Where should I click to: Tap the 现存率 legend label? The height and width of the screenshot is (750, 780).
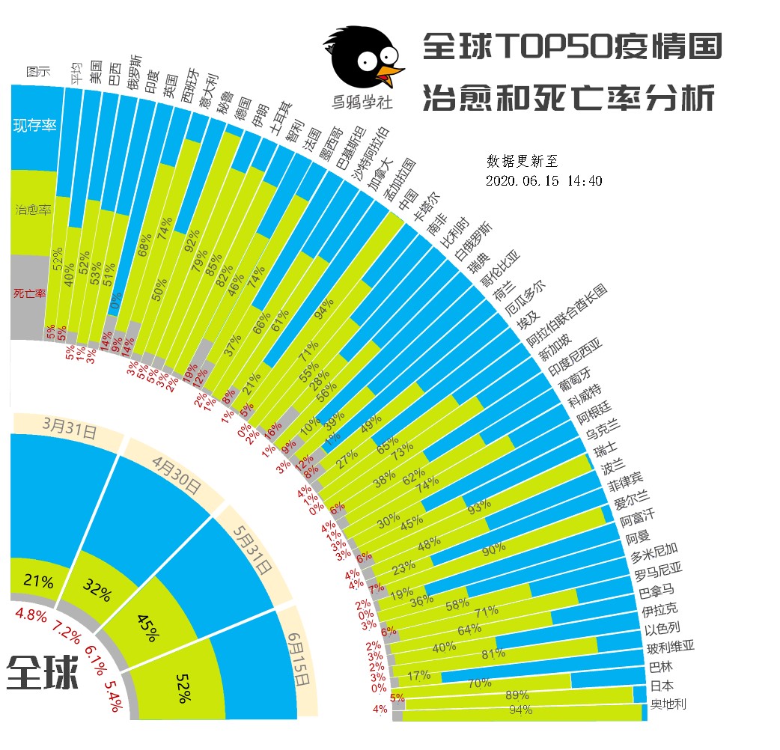(x=35, y=125)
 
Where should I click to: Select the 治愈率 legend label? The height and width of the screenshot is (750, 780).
(x=34, y=210)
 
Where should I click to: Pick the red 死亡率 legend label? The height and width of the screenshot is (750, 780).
(x=30, y=293)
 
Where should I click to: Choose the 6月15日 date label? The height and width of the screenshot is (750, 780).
(x=301, y=659)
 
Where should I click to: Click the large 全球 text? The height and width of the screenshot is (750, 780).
(x=43, y=671)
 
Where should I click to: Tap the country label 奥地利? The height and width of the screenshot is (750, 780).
(x=668, y=704)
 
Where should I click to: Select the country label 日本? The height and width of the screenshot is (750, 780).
(x=662, y=685)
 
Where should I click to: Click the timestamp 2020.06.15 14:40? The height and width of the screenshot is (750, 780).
(x=543, y=181)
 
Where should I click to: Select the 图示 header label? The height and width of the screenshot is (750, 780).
(x=38, y=72)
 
